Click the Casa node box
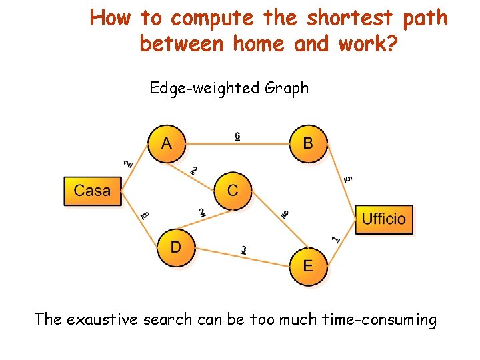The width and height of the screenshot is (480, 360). pyautogui.click(x=93, y=191)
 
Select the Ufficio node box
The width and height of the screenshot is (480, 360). pyautogui.click(x=384, y=219)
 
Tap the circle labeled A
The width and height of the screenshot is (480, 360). pyautogui.click(x=166, y=143)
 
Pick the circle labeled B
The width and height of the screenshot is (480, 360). pyautogui.click(x=308, y=143)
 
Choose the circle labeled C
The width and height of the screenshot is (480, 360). pyautogui.click(x=232, y=191)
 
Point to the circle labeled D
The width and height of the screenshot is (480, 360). pyautogui.click(x=175, y=247)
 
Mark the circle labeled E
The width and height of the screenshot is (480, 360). pyautogui.click(x=308, y=267)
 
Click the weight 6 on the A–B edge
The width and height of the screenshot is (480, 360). pyautogui.click(x=237, y=136)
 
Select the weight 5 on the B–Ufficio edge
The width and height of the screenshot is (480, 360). pyautogui.click(x=348, y=179)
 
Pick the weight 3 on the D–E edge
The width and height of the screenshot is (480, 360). pyautogui.click(x=244, y=250)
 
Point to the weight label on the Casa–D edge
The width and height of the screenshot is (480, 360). pyautogui.click(x=145, y=215)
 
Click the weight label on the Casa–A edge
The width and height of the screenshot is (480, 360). pyautogui.click(x=128, y=162)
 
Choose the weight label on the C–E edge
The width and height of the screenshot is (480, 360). pyautogui.click(x=284, y=213)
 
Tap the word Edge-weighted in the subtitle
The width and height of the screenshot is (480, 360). pyautogui.click(x=205, y=88)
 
